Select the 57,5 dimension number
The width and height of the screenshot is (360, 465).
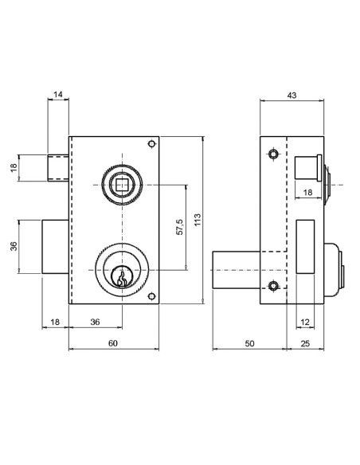pyautogui.click(x=179, y=227)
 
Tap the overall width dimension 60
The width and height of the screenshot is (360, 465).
pyautogui.click(x=113, y=342)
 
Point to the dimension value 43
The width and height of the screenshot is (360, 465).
pyautogui.click(x=292, y=96)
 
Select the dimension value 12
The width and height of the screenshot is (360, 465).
pyautogui.click(x=306, y=322)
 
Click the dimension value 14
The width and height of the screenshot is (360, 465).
pyautogui.click(x=58, y=96)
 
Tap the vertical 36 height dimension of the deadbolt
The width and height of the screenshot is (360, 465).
pyautogui.click(x=14, y=247)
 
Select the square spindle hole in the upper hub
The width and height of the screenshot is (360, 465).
pyautogui.click(x=122, y=185)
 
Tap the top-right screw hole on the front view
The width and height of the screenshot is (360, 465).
pyautogui.click(x=151, y=144)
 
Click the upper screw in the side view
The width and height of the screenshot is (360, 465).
pyautogui.click(x=273, y=154)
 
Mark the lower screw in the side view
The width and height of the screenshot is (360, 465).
pyautogui.click(x=273, y=286)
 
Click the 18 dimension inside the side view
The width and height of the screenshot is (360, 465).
pyautogui.click(x=308, y=193)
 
